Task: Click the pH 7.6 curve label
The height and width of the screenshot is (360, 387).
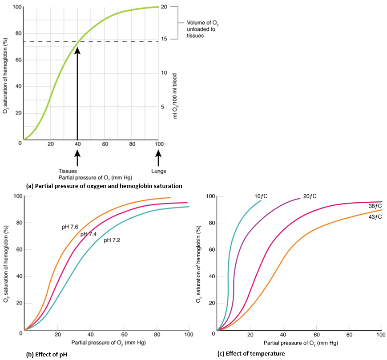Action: tap(71, 227)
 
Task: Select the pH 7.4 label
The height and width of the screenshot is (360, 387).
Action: tap(89, 234)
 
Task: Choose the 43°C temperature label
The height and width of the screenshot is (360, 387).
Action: tap(375, 216)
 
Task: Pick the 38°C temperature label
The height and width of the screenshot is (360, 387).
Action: tap(375, 206)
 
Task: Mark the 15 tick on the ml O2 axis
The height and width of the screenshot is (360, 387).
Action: tap(163, 39)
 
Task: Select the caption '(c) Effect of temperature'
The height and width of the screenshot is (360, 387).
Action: tap(251, 354)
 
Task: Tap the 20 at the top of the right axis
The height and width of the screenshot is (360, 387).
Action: tap(163, 7)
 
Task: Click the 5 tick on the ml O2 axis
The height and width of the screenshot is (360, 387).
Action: tap(162, 107)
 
